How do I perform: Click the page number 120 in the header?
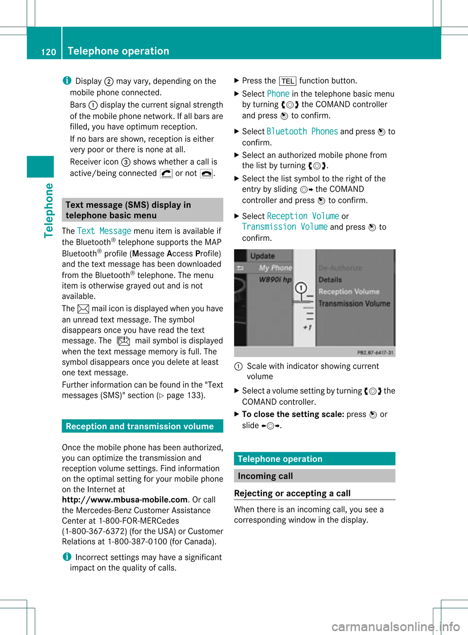tap(48, 52)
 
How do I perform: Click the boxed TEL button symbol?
tap(288, 81)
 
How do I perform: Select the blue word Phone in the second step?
tap(278, 94)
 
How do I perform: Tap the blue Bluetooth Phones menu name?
tap(302, 131)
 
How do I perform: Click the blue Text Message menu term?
tap(104, 231)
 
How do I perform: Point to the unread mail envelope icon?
tap(83, 308)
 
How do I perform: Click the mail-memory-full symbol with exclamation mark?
tap(123, 340)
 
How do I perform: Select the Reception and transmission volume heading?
tap(139, 426)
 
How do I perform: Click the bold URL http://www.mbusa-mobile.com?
tap(125, 499)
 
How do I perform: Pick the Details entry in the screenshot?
tap(330, 280)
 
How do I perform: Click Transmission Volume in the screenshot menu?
tap(354, 304)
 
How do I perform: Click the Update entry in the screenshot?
tap(262, 256)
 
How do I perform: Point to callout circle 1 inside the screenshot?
tap(301, 288)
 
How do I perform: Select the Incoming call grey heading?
tap(265, 476)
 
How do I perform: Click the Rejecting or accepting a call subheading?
tap(292, 493)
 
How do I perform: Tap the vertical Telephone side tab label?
tap(49, 210)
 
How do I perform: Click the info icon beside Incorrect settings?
tap(67, 556)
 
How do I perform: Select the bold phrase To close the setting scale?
tap(293, 414)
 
